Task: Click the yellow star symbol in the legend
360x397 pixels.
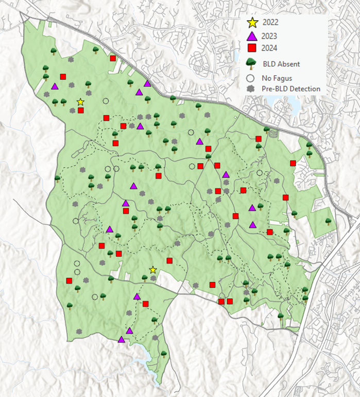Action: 252,23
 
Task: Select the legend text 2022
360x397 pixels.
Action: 271,23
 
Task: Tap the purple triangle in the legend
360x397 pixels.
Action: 252,36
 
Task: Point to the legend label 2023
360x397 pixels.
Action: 271,36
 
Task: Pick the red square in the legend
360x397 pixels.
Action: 252,48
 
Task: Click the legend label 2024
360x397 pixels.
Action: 271,48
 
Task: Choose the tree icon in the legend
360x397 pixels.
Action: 252,63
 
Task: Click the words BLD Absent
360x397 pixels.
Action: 281,64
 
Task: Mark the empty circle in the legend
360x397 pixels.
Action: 251,78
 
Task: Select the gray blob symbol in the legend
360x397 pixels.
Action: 251,89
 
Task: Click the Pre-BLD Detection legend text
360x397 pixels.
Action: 291,89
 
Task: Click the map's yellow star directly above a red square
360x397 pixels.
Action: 80,102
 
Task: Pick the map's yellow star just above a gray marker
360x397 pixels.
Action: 153,270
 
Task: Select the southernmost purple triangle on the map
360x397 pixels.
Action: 122,339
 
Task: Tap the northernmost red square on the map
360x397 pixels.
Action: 113,58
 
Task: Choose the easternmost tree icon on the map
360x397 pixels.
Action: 328,221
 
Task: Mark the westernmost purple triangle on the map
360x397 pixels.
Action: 55,86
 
